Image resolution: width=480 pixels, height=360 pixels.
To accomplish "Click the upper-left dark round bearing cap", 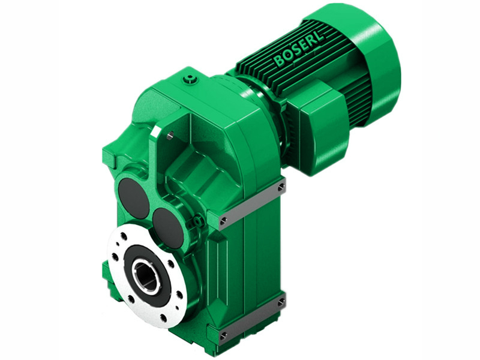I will [x=133, y=198].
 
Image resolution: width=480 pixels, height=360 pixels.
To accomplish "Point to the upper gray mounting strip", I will [x=252, y=204].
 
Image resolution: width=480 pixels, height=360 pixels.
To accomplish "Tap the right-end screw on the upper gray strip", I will [x=281, y=188].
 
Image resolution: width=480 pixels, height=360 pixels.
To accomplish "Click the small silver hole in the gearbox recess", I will [x=170, y=136].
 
